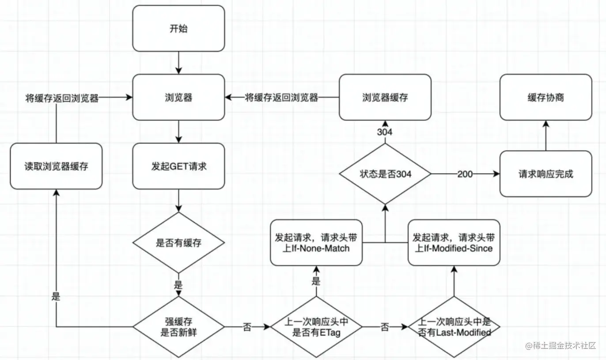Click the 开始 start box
coord(178,28)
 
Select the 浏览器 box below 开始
coord(178,97)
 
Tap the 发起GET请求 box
coord(178,167)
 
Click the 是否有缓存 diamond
coord(178,243)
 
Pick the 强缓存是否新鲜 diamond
coord(178,327)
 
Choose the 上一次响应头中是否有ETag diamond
coord(316,327)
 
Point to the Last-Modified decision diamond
coord(454,327)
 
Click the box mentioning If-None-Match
coord(316,243)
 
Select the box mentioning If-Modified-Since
coord(454,243)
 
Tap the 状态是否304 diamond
coord(385,174)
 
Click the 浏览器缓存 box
coord(385,97)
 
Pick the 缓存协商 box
coord(545,97)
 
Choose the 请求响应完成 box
coord(545,174)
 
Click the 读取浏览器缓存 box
coord(56,167)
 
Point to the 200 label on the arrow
coord(465,174)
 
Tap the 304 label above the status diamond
coord(385,132)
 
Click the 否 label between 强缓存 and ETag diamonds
coord(247,327)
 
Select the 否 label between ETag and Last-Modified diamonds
coord(385,327)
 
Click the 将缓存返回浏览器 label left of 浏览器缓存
coord(282,98)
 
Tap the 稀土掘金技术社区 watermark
coord(561,345)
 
